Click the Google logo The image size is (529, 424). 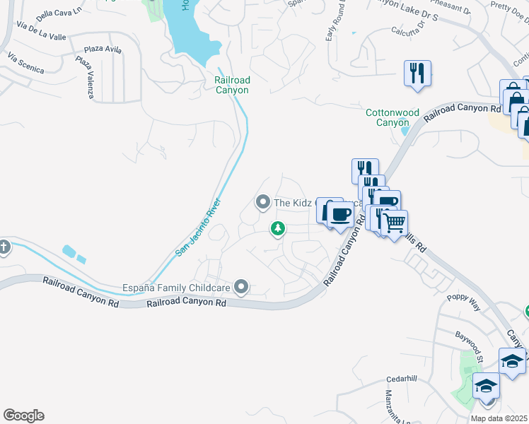23,416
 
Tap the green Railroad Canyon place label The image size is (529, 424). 232,86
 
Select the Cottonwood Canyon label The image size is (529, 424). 393,117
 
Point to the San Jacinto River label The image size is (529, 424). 199,228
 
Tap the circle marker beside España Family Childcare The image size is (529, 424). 242,286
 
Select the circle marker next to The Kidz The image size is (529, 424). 263,203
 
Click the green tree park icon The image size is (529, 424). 278,228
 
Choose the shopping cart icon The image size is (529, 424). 395,223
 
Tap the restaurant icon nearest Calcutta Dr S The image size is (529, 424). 417,73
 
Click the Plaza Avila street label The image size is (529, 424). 103,49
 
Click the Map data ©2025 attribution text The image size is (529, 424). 499,418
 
